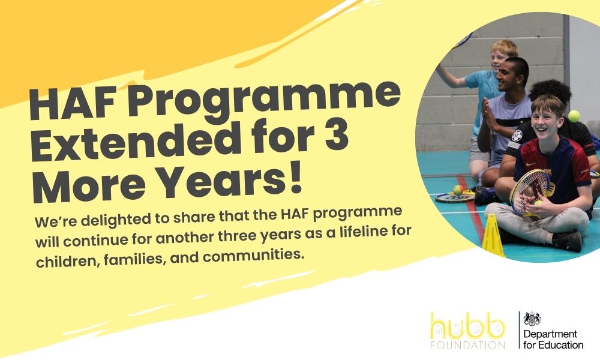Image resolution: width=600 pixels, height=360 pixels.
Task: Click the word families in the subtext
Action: click(135, 260)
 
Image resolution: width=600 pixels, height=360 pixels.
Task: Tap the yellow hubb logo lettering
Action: click(467, 326)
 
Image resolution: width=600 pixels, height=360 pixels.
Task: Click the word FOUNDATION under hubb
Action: click(467, 344)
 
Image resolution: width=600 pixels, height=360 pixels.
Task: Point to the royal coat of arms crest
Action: click(532, 318)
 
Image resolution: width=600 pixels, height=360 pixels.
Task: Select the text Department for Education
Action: click(553, 340)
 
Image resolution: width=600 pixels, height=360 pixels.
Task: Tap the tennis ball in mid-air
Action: click(574, 116)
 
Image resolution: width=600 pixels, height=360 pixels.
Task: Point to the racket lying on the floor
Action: click(454, 197)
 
